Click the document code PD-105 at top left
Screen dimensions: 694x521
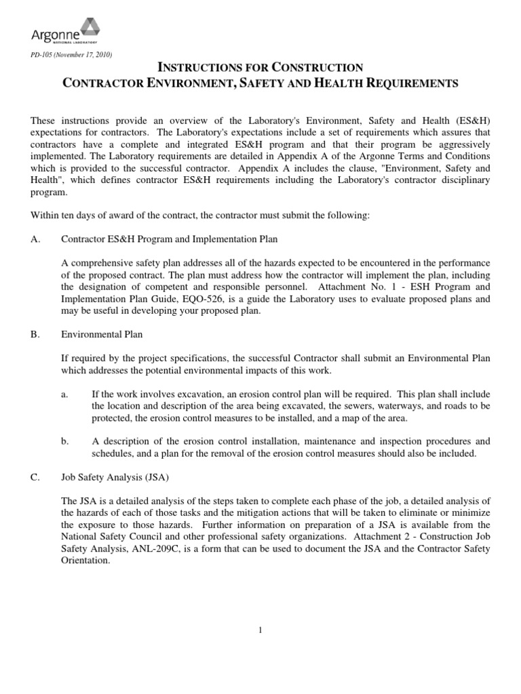tap(43, 54)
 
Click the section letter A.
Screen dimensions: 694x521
tap(35, 239)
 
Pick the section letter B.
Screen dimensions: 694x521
tap(35, 334)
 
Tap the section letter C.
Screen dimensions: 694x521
tap(35, 477)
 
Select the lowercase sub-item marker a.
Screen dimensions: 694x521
tap(63, 394)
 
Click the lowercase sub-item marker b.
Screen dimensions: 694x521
tap(64, 441)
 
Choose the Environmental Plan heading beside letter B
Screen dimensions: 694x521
tap(102, 334)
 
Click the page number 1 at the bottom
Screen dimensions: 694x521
tap(260, 630)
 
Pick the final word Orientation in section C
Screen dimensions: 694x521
tap(85, 560)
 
